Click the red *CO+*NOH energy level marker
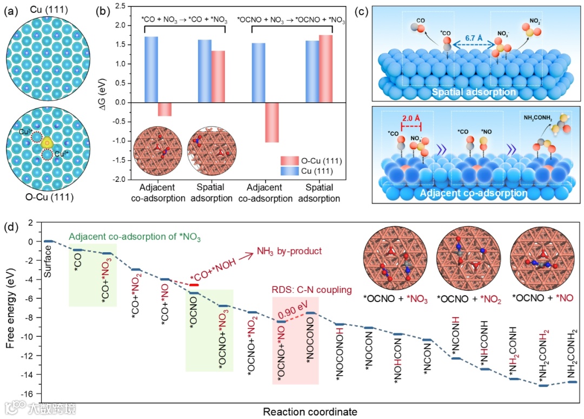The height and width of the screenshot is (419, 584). [x=195, y=285]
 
